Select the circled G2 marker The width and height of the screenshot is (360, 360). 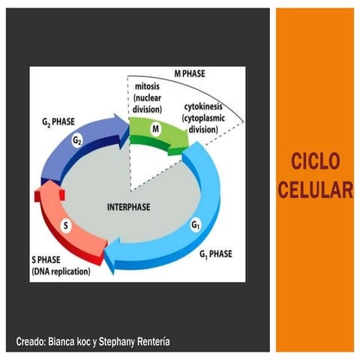(77, 140)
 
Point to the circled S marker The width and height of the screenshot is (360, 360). (65, 225)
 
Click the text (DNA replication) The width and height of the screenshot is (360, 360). (63, 271)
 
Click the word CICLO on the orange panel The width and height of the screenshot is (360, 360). (315, 160)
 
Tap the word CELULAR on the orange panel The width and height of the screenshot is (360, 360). (315, 187)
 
